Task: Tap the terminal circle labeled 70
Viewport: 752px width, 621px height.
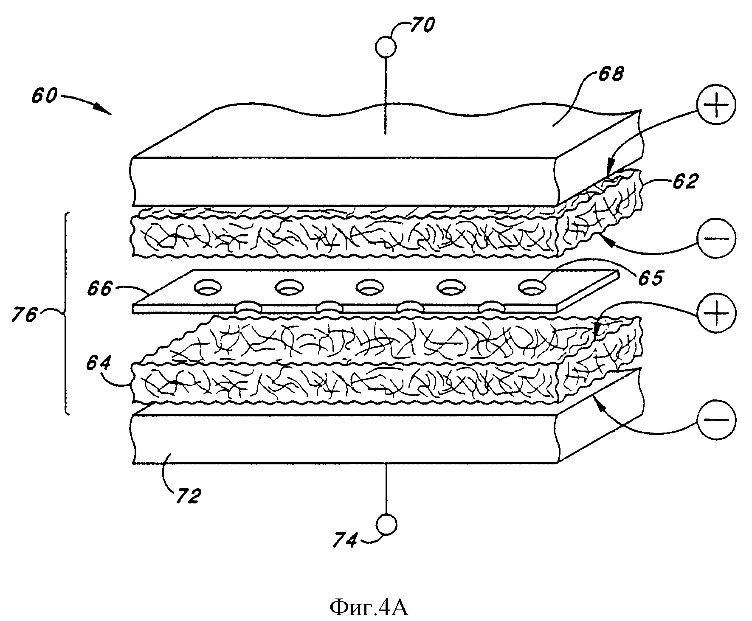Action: pos(386,47)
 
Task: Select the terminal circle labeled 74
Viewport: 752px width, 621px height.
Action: pos(386,525)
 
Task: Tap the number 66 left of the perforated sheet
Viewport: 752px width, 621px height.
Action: pos(100,289)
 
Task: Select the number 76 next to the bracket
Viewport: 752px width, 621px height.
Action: pos(25,315)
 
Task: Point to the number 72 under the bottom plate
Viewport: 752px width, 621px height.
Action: pos(186,495)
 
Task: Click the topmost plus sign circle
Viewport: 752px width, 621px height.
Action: pos(716,104)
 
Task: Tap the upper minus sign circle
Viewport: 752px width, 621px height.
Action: pos(716,238)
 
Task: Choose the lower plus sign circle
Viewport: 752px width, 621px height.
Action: pos(716,312)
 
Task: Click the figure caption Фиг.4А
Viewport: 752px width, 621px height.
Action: pos(369,608)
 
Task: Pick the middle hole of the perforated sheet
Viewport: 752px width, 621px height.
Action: pos(369,287)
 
